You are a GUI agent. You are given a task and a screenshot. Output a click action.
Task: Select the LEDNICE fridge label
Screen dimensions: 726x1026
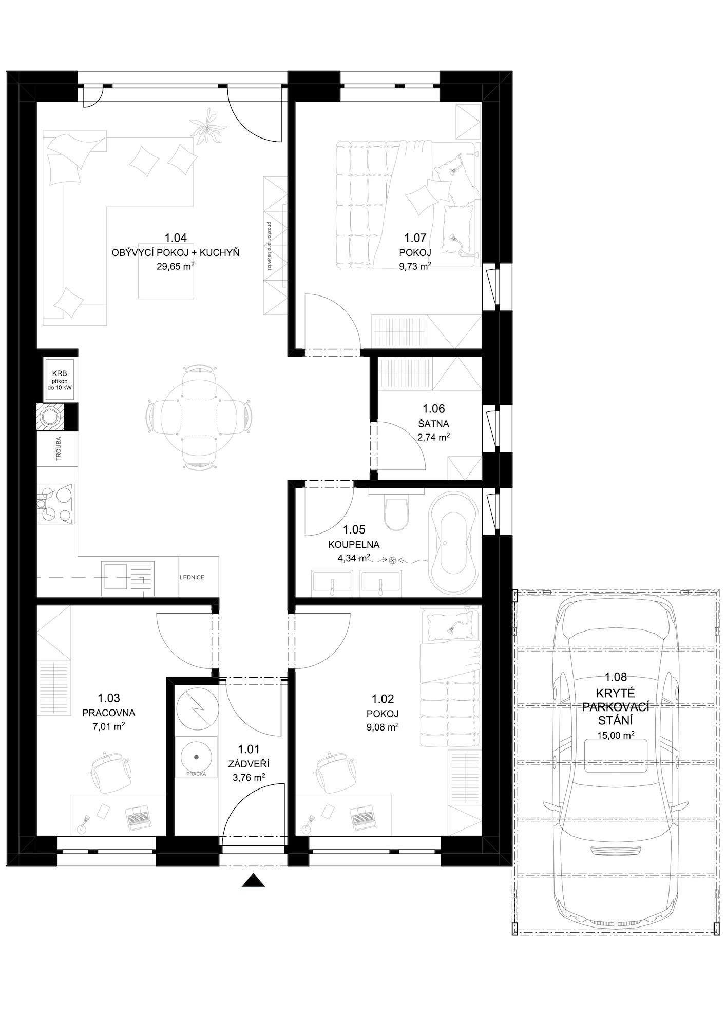pyautogui.click(x=192, y=577)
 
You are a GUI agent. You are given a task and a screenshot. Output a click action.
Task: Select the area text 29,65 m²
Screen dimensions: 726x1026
pyautogui.click(x=175, y=266)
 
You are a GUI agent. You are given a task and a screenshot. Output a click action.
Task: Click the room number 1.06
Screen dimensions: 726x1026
pyautogui.click(x=433, y=409)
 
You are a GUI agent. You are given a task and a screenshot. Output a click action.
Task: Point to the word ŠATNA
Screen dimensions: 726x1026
pyautogui.click(x=433, y=424)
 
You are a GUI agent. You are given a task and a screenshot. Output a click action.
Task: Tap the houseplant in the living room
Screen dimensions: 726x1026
pyautogui.click(x=208, y=126)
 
